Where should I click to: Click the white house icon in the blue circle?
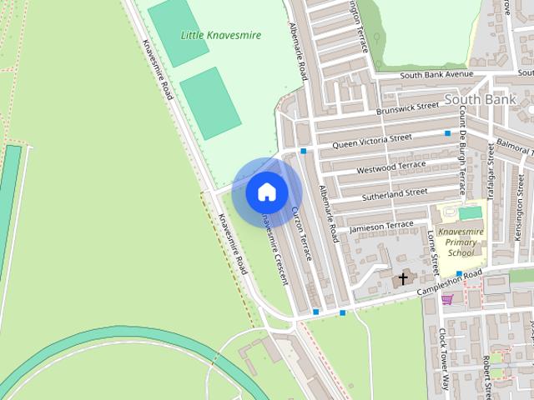pos(266,192)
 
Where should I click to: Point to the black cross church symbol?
pos(404,277)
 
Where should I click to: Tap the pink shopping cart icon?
pos(447,299)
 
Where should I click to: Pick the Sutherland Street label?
pos(394,195)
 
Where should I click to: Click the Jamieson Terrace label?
pos(381,226)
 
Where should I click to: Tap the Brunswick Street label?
pos(407,107)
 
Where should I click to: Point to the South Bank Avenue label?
pos(436,75)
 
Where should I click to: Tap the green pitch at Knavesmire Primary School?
pos(470,213)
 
